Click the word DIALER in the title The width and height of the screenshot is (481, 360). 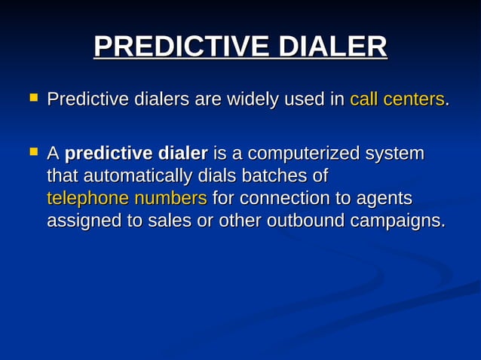(x=333, y=47)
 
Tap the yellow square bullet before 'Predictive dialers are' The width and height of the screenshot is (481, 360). (x=32, y=97)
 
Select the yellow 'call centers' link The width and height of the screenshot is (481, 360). (x=397, y=99)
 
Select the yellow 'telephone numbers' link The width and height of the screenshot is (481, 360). (x=127, y=199)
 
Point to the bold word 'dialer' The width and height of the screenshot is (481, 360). (x=182, y=154)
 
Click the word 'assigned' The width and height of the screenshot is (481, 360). (x=79, y=221)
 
